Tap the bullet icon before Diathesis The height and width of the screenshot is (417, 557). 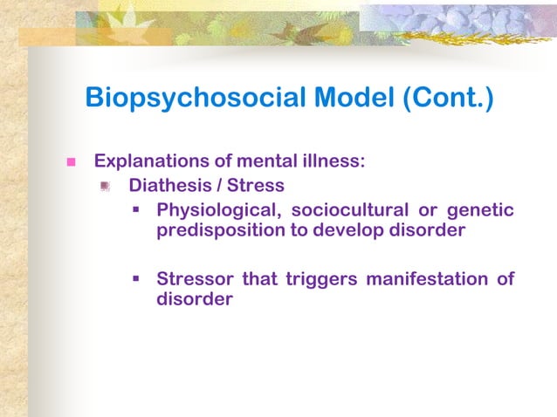105,186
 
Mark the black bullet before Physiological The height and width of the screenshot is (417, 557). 137,210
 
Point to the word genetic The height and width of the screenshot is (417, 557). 481,210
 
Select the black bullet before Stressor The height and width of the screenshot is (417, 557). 137,280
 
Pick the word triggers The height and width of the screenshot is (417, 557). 320,279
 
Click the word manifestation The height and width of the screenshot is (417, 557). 427,279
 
